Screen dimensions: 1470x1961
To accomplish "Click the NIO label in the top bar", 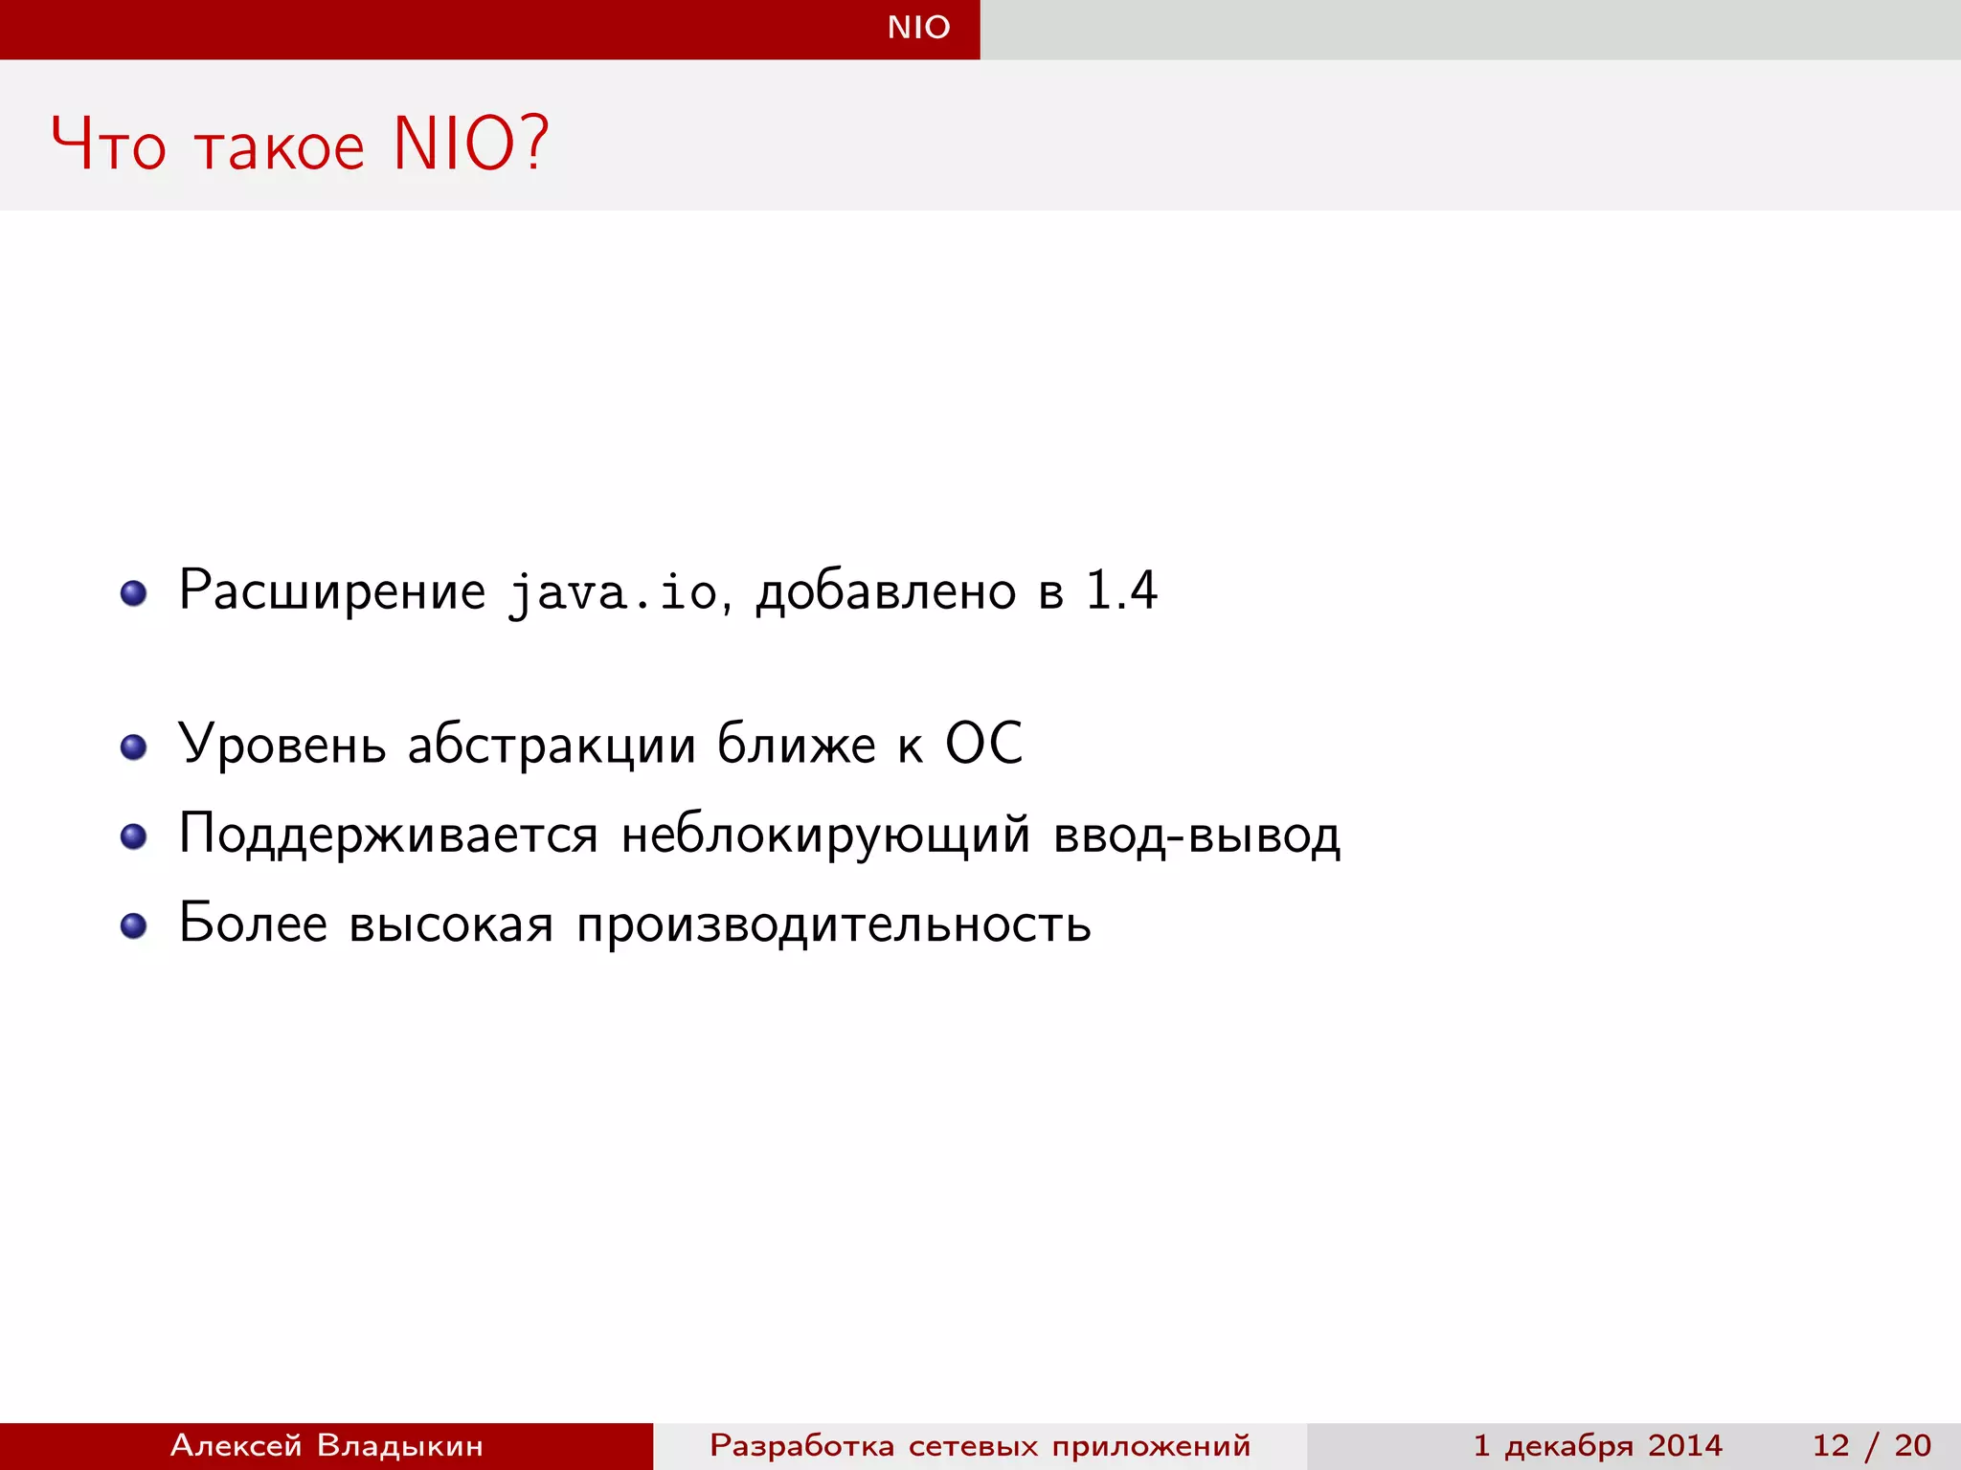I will [918, 27].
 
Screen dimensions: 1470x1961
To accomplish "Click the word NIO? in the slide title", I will [471, 144].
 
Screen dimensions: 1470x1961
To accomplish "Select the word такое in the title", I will [280, 147].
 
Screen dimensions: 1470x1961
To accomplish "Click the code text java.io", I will [613, 592].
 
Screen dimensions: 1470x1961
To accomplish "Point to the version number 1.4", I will [1121, 590].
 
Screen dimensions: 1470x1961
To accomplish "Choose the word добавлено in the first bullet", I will [886, 591].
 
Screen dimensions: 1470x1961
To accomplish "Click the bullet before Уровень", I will [133, 746].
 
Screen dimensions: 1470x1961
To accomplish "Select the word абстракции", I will [552, 746].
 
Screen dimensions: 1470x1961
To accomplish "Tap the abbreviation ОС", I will [983, 744].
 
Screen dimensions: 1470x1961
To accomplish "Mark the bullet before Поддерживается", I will [133, 836].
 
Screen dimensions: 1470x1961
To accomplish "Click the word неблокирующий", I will [825, 835].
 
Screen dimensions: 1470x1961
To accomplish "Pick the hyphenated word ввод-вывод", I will [1197, 835].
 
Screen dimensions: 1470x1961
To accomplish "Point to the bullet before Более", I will [133, 925].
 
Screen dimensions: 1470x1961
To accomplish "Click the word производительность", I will [833, 925].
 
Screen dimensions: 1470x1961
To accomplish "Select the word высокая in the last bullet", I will [451, 925].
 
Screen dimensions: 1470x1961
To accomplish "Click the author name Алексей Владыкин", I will [327, 1445].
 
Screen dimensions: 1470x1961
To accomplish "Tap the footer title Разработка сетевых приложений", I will [980, 1445].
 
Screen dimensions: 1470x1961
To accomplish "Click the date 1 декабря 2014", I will [1597, 1445].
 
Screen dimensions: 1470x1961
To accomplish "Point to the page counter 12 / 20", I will [1871, 1445].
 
